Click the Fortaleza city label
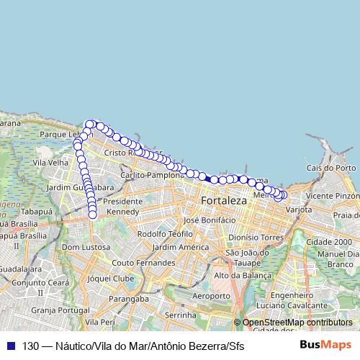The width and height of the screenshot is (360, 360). click(224, 200)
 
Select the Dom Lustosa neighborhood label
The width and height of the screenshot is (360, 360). click(86, 247)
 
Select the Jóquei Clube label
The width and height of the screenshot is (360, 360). click(110, 277)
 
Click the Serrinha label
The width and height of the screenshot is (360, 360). click(180, 315)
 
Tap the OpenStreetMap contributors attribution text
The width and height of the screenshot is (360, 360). click(297, 322)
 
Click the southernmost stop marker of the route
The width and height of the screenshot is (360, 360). click(93, 214)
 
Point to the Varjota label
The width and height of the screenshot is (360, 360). click(299, 210)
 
